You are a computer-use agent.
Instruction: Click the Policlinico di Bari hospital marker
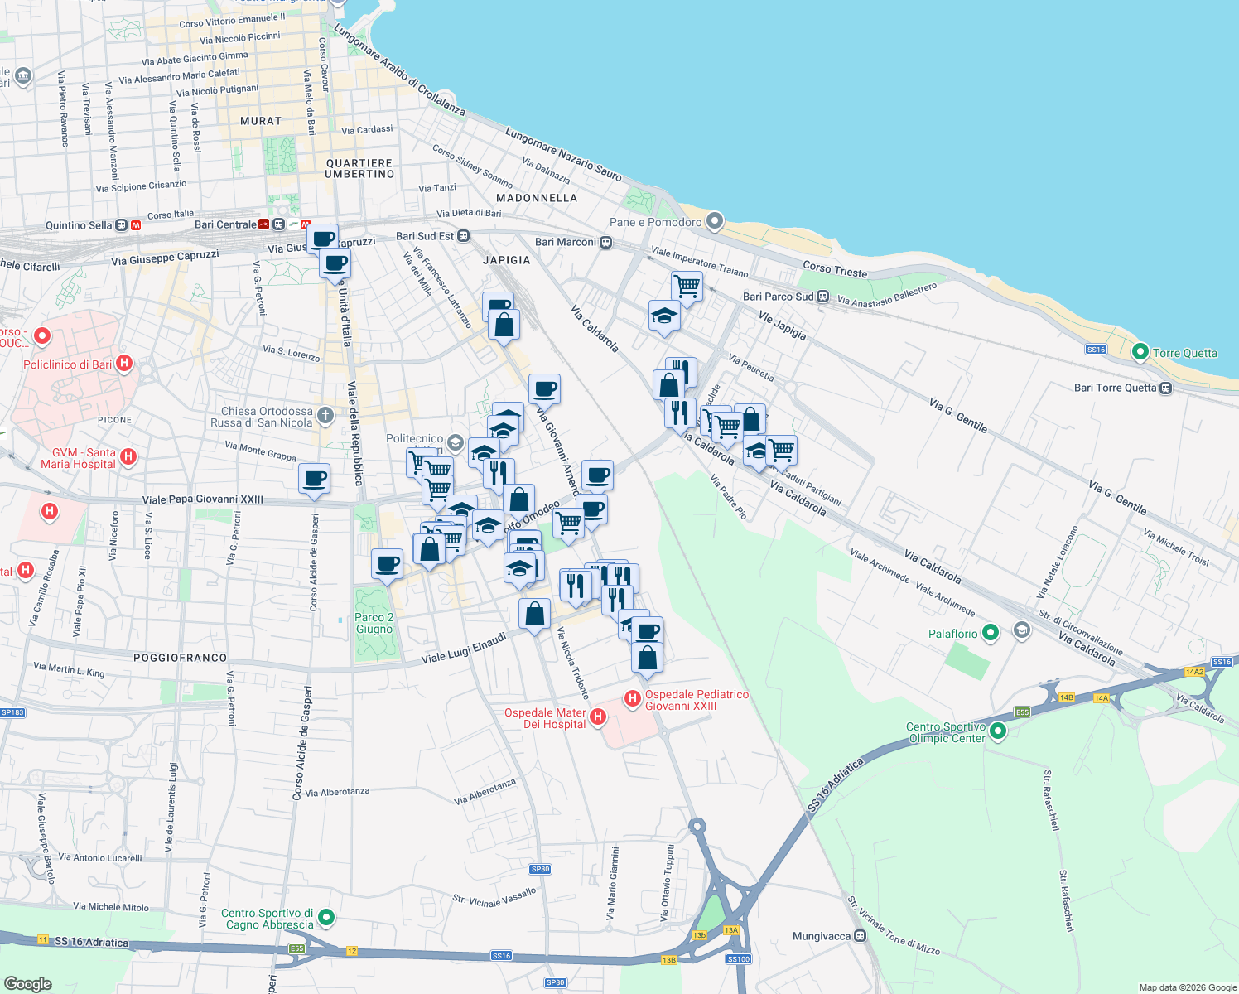point(124,363)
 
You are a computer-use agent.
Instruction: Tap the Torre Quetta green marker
point(1140,353)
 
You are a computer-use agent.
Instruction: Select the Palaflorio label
point(952,634)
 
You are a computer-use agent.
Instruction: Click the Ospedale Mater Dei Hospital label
point(546,718)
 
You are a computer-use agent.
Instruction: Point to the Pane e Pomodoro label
point(655,222)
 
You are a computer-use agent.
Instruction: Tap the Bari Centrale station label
point(225,224)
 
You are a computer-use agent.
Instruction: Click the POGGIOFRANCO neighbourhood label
point(180,658)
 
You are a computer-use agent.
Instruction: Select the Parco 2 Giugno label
point(374,623)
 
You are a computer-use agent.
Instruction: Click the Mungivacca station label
point(822,936)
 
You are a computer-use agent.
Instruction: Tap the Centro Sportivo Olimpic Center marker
point(998,731)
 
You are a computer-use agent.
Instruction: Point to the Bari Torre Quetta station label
point(1115,388)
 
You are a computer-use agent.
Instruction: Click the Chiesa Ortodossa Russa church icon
point(325,416)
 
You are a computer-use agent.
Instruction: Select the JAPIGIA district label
point(506,260)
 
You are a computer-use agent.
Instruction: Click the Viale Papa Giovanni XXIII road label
point(203,499)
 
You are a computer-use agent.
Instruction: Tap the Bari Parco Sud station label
point(778,297)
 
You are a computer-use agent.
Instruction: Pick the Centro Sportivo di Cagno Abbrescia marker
point(326,917)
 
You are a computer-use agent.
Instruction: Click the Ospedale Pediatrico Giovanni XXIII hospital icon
point(633,699)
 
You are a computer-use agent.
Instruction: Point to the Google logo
point(27,983)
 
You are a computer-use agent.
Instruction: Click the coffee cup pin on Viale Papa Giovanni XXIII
point(314,479)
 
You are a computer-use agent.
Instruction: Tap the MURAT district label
point(261,121)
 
